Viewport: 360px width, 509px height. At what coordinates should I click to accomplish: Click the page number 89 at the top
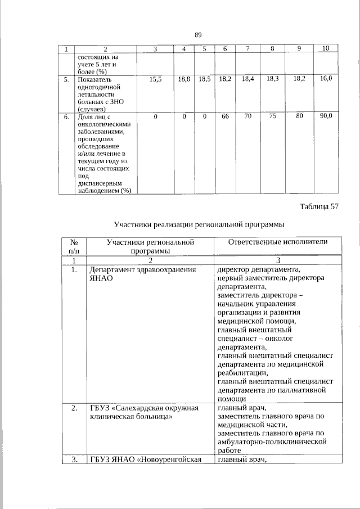(198, 35)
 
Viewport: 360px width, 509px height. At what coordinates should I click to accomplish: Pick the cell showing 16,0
(326, 80)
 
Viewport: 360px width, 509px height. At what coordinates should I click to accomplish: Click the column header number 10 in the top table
(326, 50)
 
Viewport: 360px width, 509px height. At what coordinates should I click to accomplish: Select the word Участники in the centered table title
(133, 224)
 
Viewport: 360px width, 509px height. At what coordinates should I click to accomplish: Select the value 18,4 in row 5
(247, 80)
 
